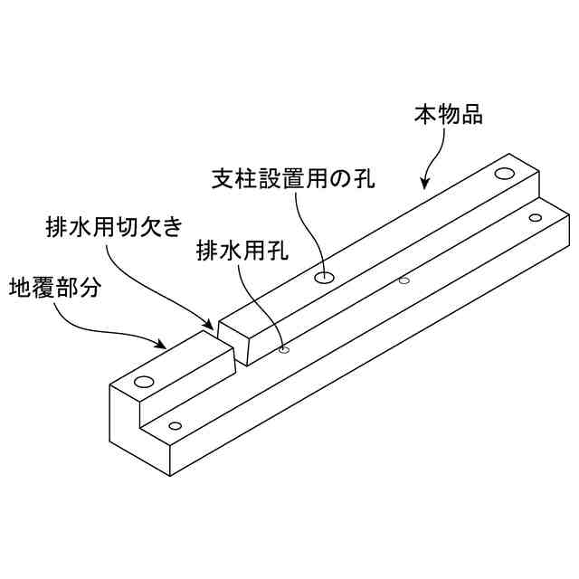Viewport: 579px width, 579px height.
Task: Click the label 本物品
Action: (x=449, y=116)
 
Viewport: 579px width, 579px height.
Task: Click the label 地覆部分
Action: (x=55, y=289)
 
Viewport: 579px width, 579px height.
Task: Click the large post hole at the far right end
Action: (x=504, y=172)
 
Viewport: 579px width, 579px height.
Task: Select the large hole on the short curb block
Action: (x=144, y=381)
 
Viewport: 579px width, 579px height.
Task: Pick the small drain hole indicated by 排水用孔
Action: (x=284, y=349)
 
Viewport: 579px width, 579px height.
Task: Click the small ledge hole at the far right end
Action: (x=535, y=217)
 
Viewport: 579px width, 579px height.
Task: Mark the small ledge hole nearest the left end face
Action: (x=176, y=425)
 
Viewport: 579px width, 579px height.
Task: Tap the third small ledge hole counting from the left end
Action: (x=403, y=280)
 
